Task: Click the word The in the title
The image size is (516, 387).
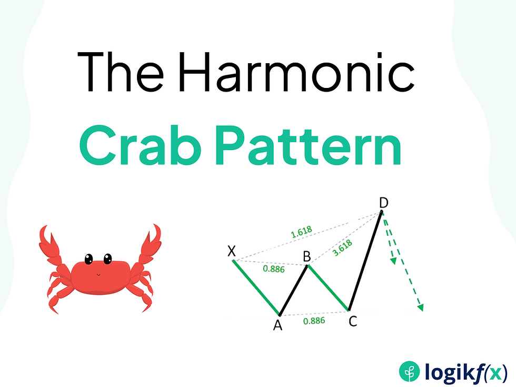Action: click(x=120, y=72)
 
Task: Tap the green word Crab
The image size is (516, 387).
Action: click(x=141, y=145)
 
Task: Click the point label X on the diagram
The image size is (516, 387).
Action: click(x=232, y=252)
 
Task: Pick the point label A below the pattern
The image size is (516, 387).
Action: click(x=278, y=325)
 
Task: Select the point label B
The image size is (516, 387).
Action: click(x=306, y=256)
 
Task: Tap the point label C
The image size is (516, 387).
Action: click(x=353, y=321)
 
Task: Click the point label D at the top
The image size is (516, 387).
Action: click(x=383, y=203)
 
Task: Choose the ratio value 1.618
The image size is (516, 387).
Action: click(x=301, y=232)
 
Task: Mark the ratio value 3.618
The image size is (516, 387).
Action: click(x=343, y=248)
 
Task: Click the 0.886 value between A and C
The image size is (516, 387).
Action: click(x=314, y=321)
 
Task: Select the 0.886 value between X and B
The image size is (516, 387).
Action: click(x=274, y=269)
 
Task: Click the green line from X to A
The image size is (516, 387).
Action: click(x=256, y=287)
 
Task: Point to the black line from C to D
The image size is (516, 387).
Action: click(x=365, y=260)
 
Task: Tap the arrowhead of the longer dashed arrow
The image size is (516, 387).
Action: click(x=420, y=307)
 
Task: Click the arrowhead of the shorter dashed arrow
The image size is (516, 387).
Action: click(x=393, y=261)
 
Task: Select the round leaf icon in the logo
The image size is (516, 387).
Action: click(x=410, y=372)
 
